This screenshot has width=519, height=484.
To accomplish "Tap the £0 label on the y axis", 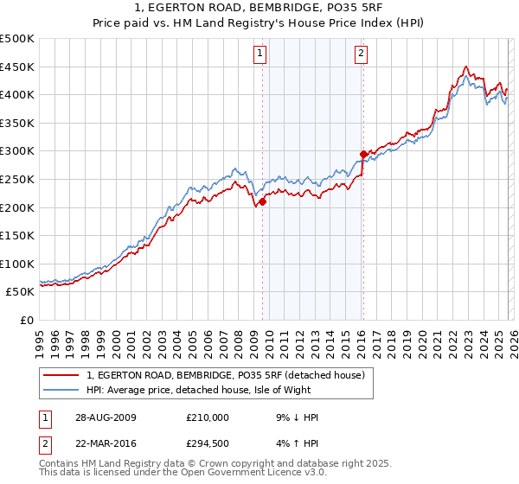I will tap(26, 320).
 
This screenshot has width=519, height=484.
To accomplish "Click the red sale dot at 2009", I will tap(262, 202).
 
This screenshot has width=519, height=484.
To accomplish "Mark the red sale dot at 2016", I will tap(362, 155).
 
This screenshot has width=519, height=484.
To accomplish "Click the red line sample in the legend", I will tap(61, 375).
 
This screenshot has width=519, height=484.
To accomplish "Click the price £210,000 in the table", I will tap(207, 417).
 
